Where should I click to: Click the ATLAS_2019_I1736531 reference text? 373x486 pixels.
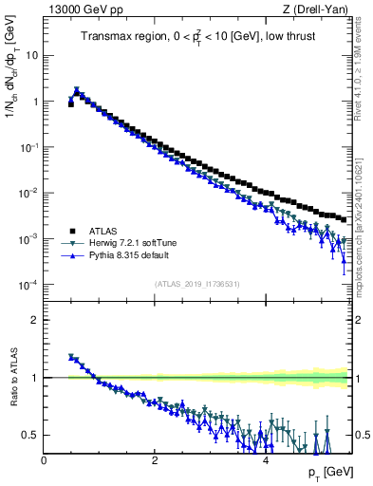click(196, 283)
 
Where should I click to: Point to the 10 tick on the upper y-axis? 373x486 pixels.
click(32, 55)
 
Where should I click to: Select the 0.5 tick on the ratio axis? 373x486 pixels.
click(30, 435)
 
